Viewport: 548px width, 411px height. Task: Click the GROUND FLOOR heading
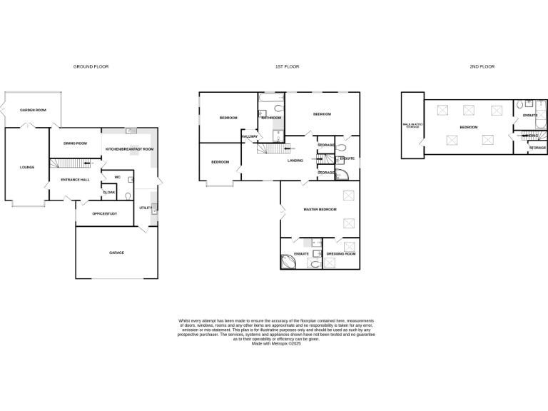(x=91, y=66)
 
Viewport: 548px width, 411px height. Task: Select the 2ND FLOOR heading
(x=482, y=66)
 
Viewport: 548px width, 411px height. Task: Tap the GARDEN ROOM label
(x=33, y=110)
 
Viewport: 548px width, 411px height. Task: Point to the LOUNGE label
(x=27, y=168)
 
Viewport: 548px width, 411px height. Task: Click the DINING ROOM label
(x=75, y=143)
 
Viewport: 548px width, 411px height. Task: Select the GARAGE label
(x=116, y=253)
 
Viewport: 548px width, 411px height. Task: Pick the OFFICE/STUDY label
(x=105, y=214)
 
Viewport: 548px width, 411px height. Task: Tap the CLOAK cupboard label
(x=109, y=192)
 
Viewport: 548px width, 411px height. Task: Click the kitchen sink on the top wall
(x=131, y=131)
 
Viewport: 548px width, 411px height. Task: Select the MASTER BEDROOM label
(x=320, y=210)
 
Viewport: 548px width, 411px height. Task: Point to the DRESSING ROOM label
(x=341, y=254)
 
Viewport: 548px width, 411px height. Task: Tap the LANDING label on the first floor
(x=295, y=161)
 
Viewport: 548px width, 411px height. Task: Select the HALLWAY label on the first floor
(x=250, y=136)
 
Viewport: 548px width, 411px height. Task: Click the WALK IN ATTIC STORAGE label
(x=412, y=126)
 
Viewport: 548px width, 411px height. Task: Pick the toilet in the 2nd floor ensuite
(x=519, y=104)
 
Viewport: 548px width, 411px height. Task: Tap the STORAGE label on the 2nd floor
(x=537, y=148)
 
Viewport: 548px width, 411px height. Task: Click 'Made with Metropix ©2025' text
(x=275, y=343)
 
